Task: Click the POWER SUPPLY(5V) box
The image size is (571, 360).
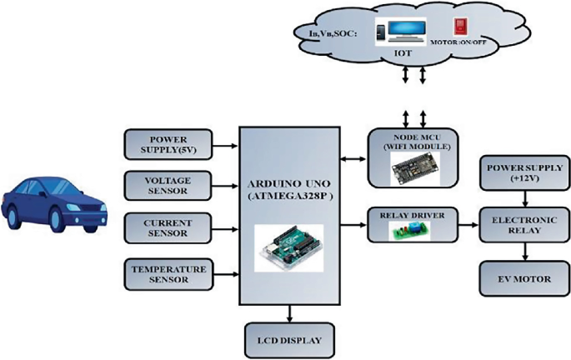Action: coord(170,143)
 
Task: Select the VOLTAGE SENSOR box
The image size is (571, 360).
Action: coord(170,185)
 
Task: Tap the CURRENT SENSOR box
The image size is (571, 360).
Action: coord(170,228)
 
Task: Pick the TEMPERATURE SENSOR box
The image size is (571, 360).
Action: coord(170,273)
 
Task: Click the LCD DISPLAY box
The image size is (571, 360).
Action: coord(288,340)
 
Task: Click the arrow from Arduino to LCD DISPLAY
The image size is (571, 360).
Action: coord(288,313)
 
